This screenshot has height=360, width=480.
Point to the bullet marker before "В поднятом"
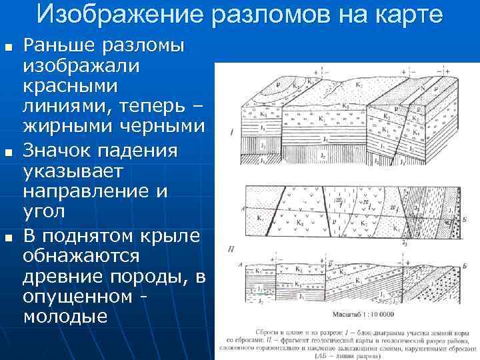click(7, 237)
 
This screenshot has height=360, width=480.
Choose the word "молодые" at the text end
click(65, 317)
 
